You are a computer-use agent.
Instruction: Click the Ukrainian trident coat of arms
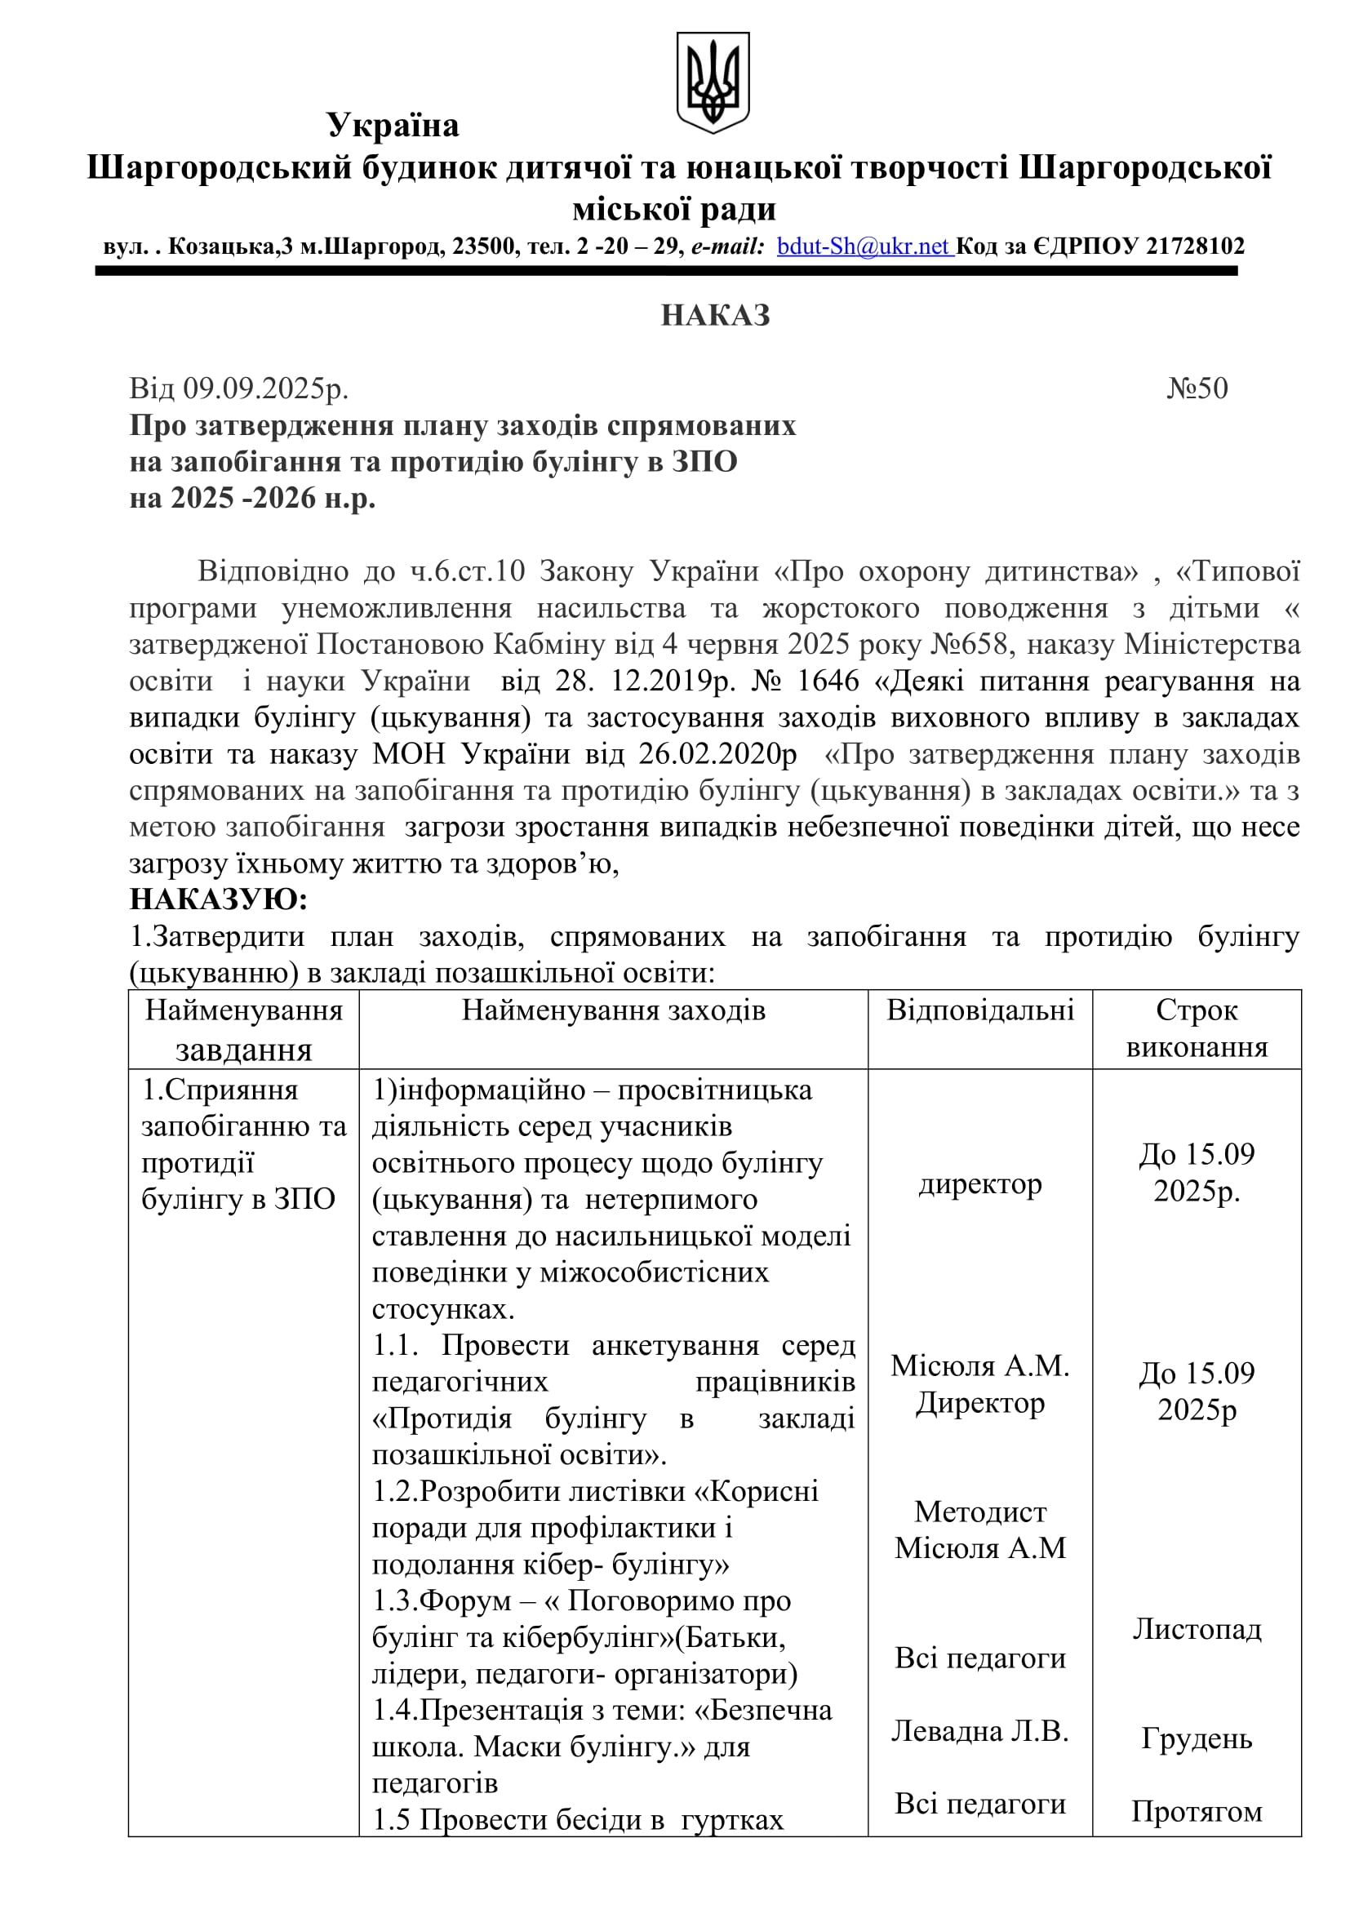click(x=713, y=82)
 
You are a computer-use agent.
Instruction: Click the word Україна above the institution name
click(x=393, y=126)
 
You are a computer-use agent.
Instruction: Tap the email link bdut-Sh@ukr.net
click(x=864, y=247)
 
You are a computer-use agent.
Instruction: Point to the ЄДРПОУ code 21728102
click(x=1195, y=247)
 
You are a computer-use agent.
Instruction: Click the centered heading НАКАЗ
click(x=715, y=316)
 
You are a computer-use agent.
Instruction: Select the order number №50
click(x=1197, y=388)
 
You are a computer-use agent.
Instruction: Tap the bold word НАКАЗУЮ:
click(x=219, y=899)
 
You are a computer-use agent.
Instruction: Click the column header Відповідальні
click(x=980, y=1010)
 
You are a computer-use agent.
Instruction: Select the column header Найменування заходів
click(x=614, y=1010)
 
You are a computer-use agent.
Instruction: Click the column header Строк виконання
click(x=1197, y=1028)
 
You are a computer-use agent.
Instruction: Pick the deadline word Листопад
click(x=1197, y=1629)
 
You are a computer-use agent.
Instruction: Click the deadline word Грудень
click(x=1197, y=1738)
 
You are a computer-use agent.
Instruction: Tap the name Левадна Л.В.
click(x=980, y=1731)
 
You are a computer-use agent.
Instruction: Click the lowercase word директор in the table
click(x=980, y=1184)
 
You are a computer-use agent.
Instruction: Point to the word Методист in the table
click(x=980, y=1512)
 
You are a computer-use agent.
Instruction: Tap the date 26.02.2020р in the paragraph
click(x=718, y=754)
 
